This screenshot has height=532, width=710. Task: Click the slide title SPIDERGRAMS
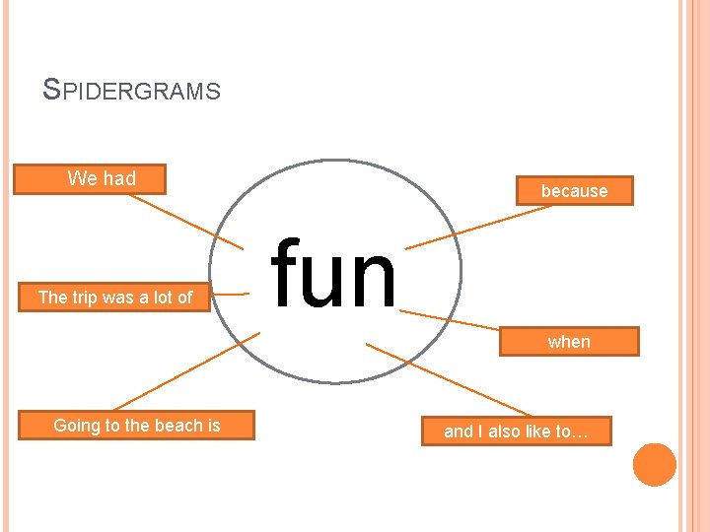coord(132,91)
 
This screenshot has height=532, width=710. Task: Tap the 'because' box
coord(574,191)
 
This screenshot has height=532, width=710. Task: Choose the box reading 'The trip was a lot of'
coord(114,297)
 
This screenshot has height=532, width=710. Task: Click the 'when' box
coord(569,342)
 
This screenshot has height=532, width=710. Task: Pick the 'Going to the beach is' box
coord(136,426)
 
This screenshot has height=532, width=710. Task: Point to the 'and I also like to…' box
coord(516,432)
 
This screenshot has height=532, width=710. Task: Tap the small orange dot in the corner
coord(655,465)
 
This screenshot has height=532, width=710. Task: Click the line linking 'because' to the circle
coord(473,226)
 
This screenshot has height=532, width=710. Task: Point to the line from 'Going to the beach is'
coord(187,370)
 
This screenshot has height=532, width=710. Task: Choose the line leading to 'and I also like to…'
coord(449,379)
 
